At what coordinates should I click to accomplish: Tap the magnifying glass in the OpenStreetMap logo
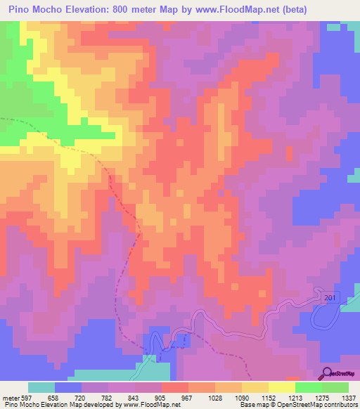pos(328,373)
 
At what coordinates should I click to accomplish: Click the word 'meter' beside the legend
pos(10,397)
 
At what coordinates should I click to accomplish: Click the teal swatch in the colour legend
pos(41,387)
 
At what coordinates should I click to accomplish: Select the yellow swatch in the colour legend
pos(282,387)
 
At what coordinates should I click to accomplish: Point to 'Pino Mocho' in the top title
pos(37,9)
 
